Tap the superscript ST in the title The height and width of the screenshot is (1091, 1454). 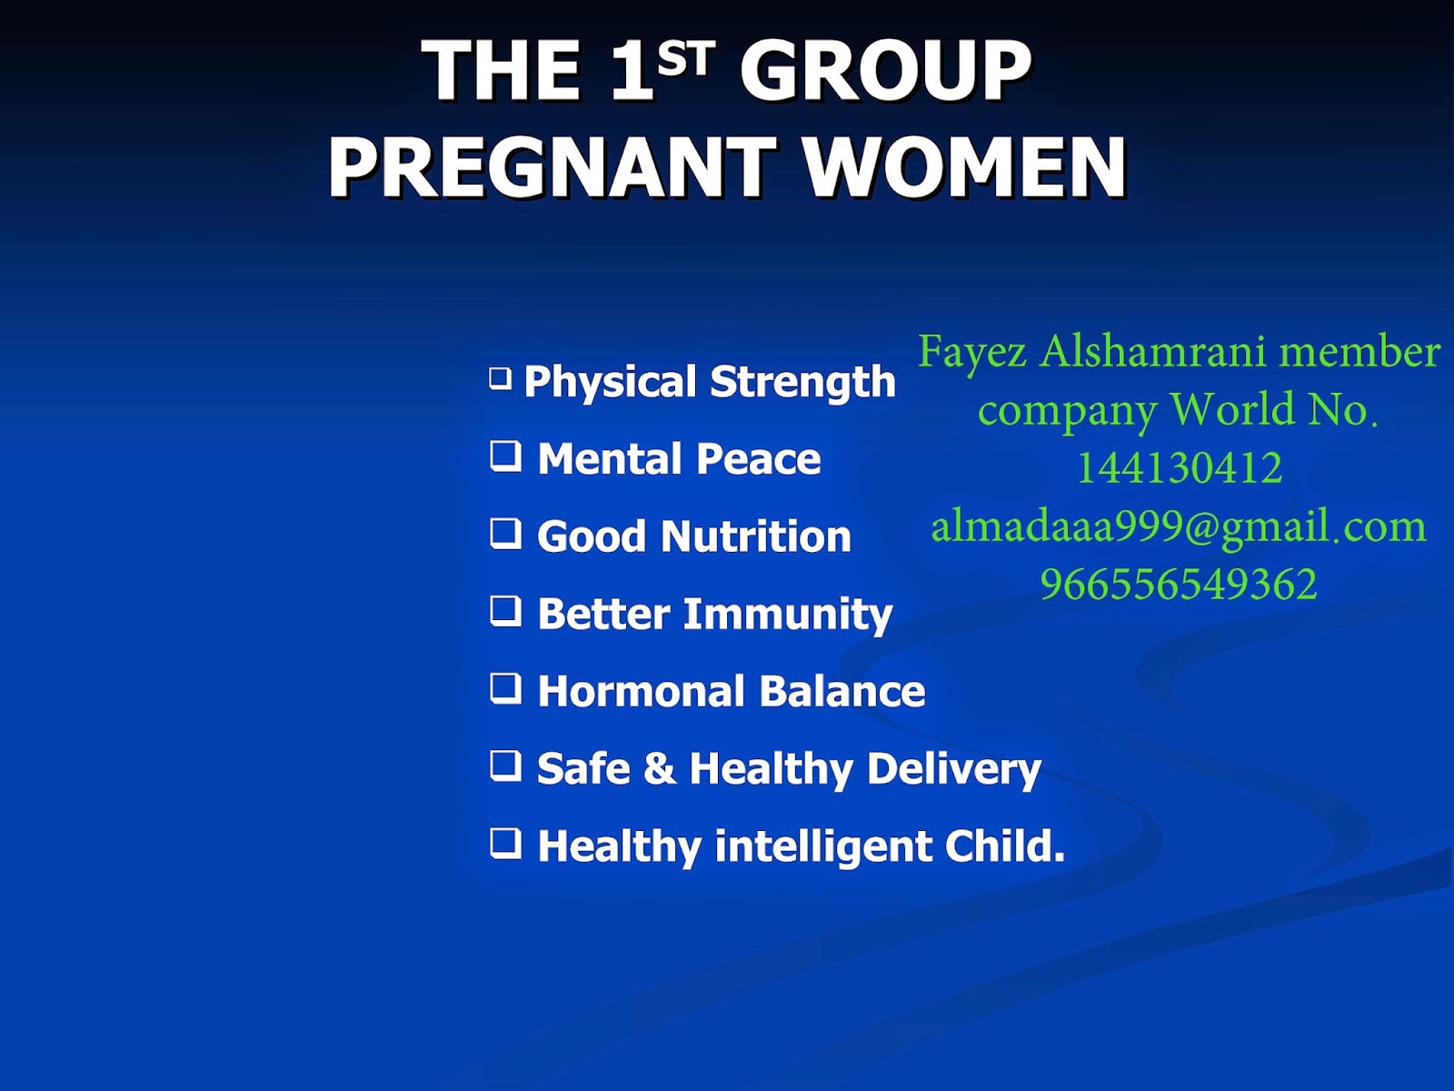686,57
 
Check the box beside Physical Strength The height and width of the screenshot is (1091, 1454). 501,379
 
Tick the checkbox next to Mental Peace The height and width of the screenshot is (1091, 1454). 505,455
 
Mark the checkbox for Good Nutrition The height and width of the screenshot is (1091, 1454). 505,534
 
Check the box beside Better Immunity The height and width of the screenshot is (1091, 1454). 505,611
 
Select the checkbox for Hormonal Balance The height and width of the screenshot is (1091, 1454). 505,688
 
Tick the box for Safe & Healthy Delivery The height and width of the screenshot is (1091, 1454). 505,766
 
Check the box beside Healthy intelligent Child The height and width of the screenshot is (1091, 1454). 505,844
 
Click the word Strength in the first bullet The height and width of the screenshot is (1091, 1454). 802,382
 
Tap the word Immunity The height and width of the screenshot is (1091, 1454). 788,615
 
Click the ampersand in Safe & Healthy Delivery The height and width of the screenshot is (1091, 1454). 660,768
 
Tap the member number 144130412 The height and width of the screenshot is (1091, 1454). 1180,467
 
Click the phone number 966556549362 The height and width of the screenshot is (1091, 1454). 1179,585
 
